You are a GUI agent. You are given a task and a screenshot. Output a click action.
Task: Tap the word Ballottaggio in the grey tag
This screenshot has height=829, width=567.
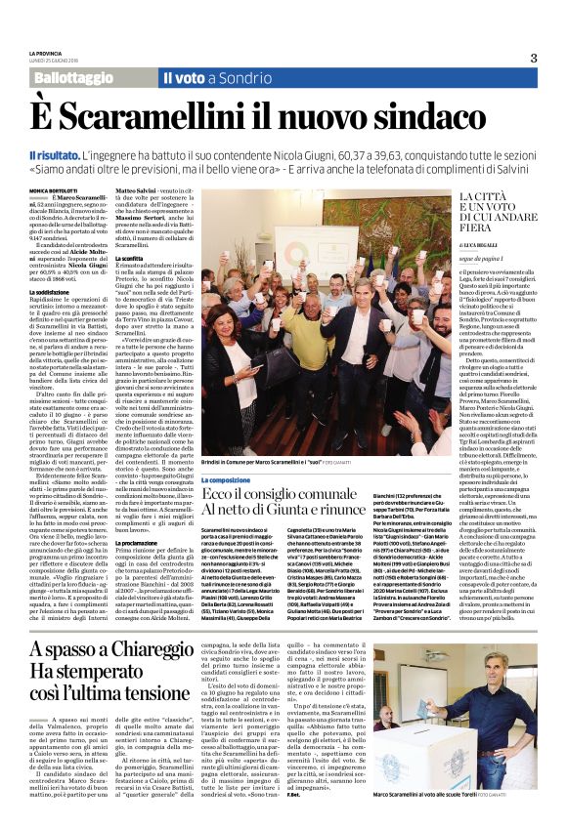69,76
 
